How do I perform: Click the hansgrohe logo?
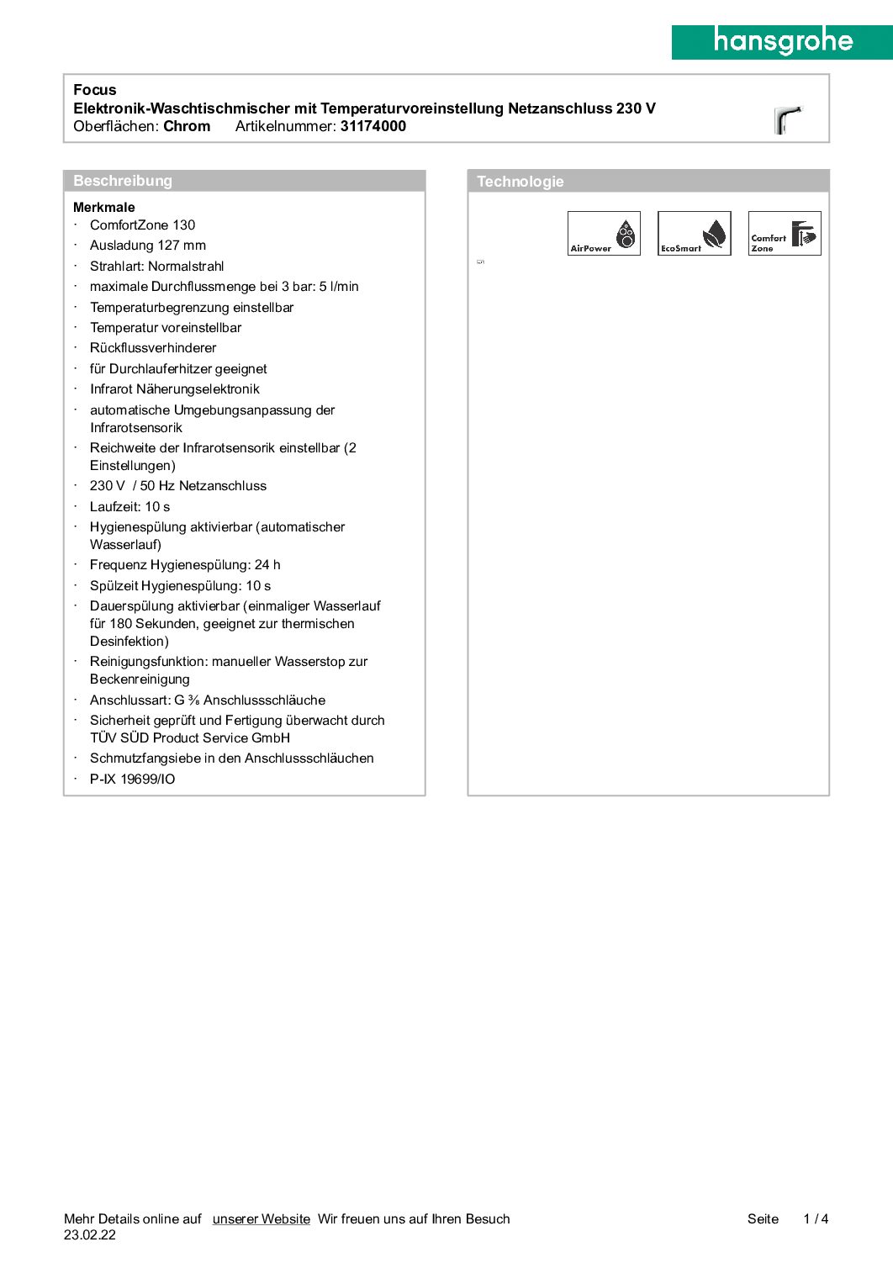click(x=782, y=42)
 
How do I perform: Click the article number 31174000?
click(x=373, y=126)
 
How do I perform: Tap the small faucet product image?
click(x=788, y=119)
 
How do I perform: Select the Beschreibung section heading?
click(x=123, y=181)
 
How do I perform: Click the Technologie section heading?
click(x=520, y=182)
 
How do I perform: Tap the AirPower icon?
click(x=604, y=234)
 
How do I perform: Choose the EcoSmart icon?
click(x=694, y=234)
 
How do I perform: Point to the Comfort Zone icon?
click(x=784, y=234)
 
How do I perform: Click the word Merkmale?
click(x=104, y=207)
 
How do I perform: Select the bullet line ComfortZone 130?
click(x=142, y=225)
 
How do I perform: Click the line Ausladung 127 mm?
click(x=148, y=246)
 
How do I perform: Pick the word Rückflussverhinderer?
click(x=153, y=348)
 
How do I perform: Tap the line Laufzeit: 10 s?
click(x=129, y=507)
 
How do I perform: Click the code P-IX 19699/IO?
click(x=133, y=779)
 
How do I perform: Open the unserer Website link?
click(x=261, y=1219)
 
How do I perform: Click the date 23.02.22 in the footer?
click(x=90, y=1235)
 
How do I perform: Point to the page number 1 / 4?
click(x=816, y=1219)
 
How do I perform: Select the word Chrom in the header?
click(x=187, y=126)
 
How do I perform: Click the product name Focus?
click(x=95, y=90)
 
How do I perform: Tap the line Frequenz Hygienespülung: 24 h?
click(x=185, y=565)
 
